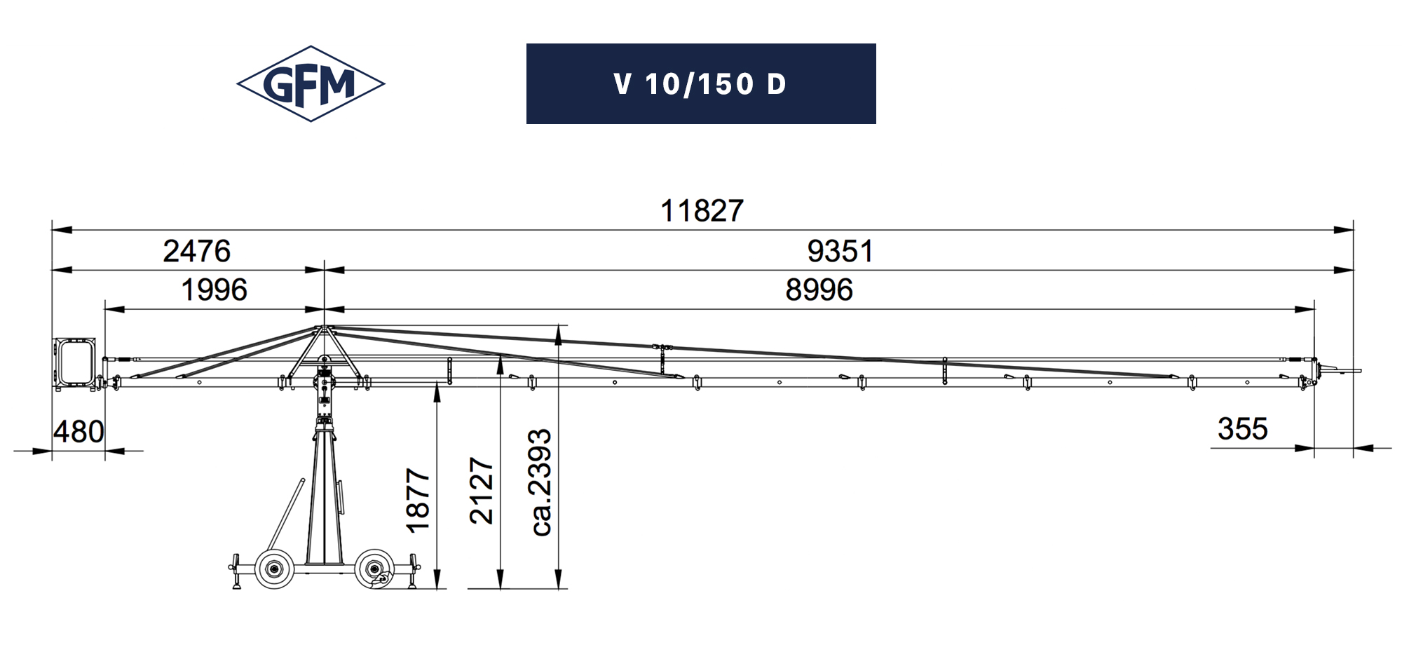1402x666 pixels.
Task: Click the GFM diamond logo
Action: coord(311,84)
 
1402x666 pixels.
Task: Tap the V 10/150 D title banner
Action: coord(701,84)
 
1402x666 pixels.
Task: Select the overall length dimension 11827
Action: coord(702,211)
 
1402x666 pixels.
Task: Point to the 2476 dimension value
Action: coord(197,251)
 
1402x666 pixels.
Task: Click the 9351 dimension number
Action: coord(840,251)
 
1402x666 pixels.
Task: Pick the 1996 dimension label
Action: coord(215,290)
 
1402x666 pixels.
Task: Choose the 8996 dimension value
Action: coord(819,290)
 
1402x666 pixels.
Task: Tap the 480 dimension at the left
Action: coord(79,432)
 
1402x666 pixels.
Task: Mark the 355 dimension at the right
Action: coord(1243,429)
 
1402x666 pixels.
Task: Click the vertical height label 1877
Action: coord(418,501)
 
